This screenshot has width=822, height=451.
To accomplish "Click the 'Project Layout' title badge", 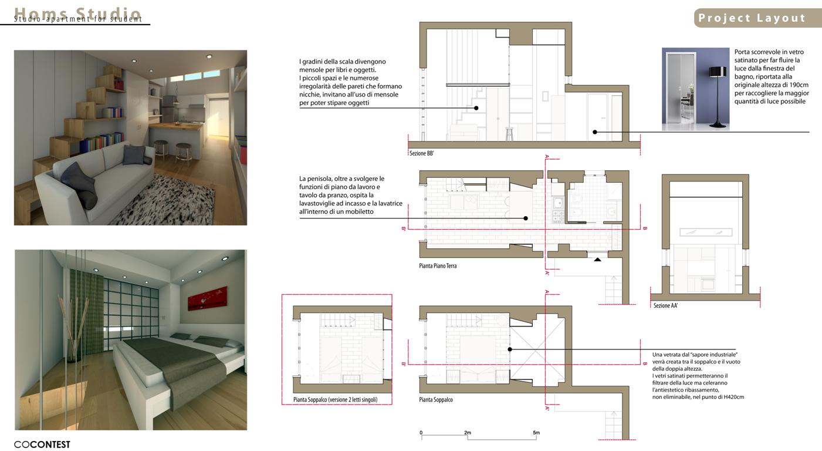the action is (x=757, y=18).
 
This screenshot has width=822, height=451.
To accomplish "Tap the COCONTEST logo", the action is (x=42, y=445).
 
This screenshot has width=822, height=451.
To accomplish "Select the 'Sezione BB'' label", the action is (x=422, y=153).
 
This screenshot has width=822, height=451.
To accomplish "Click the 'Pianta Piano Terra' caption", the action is (x=438, y=266).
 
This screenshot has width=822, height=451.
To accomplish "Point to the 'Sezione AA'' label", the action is (x=665, y=305).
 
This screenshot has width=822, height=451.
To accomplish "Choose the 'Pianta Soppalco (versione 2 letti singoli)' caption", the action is (x=335, y=399).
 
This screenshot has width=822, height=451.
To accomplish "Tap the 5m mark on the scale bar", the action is (x=536, y=433).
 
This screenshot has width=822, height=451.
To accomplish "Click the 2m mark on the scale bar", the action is (x=467, y=433).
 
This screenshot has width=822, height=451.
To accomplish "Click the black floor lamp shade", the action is (x=718, y=72).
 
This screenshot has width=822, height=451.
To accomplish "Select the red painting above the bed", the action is (x=207, y=298).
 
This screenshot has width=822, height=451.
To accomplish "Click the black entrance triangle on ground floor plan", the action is (x=597, y=260).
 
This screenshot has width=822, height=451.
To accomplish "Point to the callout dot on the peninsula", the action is (x=526, y=218).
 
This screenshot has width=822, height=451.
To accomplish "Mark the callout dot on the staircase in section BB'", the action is (x=476, y=108).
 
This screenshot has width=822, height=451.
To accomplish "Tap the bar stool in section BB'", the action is (x=509, y=134).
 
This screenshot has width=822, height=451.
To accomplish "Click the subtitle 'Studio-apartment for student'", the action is (x=78, y=19).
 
